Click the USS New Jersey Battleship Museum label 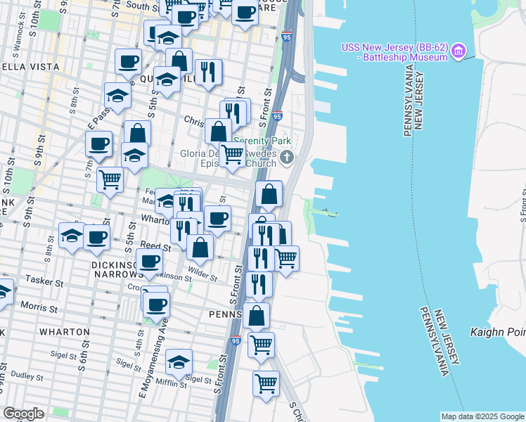[394, 52]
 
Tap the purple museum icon [459, 51]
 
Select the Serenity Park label [262, 141]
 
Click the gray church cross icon [286, 158]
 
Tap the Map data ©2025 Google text [482, 416]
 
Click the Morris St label [38, 307]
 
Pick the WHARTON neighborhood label [64, 331]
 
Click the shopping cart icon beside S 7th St [110, 179]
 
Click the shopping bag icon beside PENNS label [257, 316]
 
